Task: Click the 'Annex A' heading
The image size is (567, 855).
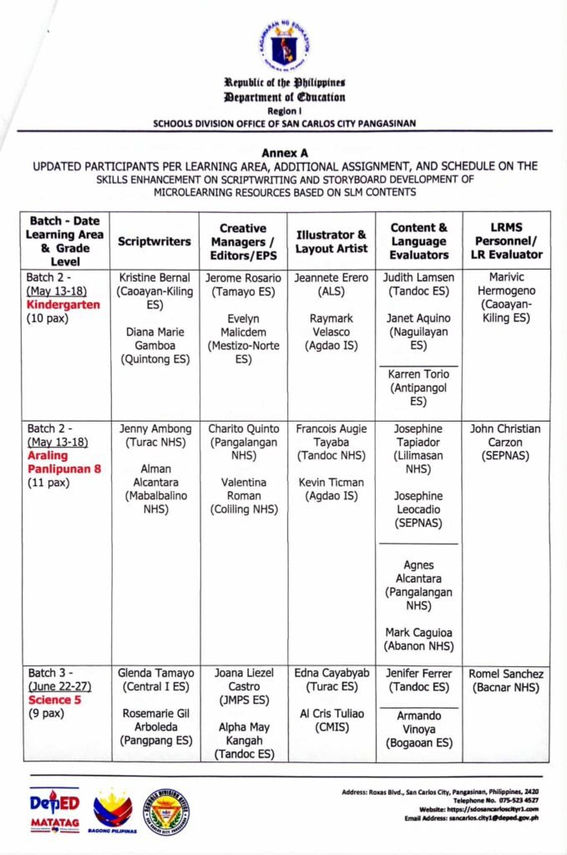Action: (x=284, y=154)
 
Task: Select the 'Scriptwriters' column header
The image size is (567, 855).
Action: (x=154, y=240)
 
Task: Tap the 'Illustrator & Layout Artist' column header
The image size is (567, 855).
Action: (x=331, y=241)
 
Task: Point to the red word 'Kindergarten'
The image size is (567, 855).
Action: (x=63, y=305)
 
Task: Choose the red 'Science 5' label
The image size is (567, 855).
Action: (x=54, y=700)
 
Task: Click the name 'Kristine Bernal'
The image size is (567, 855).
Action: (x=154, y=277)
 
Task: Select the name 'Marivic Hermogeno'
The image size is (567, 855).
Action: (x=505, y=284)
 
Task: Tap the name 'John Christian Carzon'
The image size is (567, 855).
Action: (x=505, y=436)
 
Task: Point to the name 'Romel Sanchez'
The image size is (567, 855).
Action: (x=505, y=673)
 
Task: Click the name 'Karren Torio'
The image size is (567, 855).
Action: (x=418, y=374)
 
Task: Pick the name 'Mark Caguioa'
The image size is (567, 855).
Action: (x=418, y=631)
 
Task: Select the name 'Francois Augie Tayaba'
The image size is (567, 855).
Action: (x=331, y=436)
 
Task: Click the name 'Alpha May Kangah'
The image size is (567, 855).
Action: (x=243, y=734)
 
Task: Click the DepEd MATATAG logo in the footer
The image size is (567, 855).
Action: (x=54, y=813)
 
